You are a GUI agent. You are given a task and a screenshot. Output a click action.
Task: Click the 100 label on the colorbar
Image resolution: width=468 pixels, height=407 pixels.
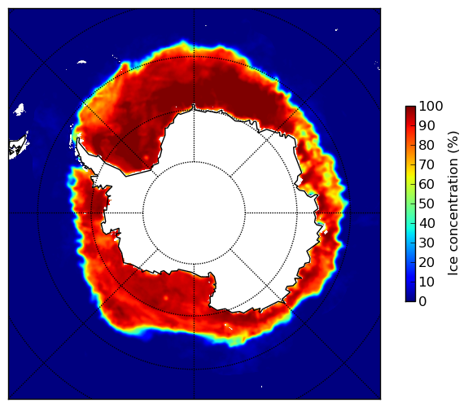(431, 106)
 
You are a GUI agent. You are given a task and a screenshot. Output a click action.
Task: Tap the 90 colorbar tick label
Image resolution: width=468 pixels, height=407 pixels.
(426, 125)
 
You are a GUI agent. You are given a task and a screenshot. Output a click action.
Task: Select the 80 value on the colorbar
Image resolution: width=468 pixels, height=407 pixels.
(426, 145)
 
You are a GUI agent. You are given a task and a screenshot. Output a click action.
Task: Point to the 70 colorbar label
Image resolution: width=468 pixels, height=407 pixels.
(426, 164)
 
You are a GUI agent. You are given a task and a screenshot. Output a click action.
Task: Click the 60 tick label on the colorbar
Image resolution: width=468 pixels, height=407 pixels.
(426, 184)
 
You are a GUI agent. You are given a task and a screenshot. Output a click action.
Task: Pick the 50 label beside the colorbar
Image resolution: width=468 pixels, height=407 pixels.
(426, 203)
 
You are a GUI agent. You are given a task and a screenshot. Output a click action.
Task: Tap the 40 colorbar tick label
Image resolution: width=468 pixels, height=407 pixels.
(426, 223)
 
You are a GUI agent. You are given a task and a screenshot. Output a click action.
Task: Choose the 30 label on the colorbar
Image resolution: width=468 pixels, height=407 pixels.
(426, 243)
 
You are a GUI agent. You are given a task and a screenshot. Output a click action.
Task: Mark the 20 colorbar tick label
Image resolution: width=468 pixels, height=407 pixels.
(426, 262)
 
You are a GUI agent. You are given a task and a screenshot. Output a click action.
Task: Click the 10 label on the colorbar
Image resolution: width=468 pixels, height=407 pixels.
(426, 282)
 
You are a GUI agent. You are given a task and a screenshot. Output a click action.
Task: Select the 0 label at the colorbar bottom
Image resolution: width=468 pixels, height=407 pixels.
(422, 302)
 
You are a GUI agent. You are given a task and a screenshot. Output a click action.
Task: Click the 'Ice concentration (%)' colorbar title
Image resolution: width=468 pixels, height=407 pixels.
(453, 203)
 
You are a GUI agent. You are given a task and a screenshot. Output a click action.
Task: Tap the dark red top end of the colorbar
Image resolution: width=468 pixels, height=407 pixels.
(410, 108)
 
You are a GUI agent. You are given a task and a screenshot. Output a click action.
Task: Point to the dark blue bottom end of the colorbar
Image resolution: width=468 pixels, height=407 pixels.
(410, 300)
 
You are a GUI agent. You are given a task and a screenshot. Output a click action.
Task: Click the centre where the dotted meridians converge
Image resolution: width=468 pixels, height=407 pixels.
(194, 213)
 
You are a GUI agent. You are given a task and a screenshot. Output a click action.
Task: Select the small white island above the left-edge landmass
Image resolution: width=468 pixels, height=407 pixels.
(19, 109)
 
